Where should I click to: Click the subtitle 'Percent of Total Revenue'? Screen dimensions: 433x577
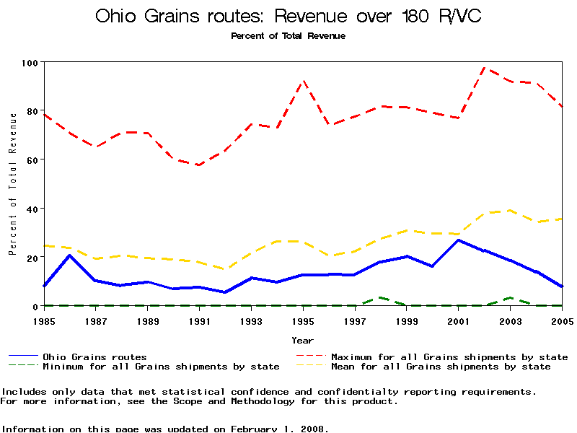click(x=288, y=35)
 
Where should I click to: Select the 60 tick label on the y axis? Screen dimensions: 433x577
click(x=32, y=159)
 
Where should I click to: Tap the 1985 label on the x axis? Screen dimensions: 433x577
click(x=45, y=320)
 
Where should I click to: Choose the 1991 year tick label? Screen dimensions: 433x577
click(x=200, y=320)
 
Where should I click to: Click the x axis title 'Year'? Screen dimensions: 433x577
click(x=303, y=339)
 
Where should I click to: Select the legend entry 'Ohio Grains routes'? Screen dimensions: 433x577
click(x=94, y=357)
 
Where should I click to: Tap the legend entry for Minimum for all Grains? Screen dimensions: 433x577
click(x=161, y=367)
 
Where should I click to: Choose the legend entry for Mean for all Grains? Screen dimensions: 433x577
click(x=441, y=367)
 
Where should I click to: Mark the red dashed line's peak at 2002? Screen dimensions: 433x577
click(x=484, y=68)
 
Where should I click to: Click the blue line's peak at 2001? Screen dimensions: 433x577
click(x=459, y=240)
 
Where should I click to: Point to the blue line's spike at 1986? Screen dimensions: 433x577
click(x=70, y=255)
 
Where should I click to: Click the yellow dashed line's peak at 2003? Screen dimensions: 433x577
click(x=510, y=211)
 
